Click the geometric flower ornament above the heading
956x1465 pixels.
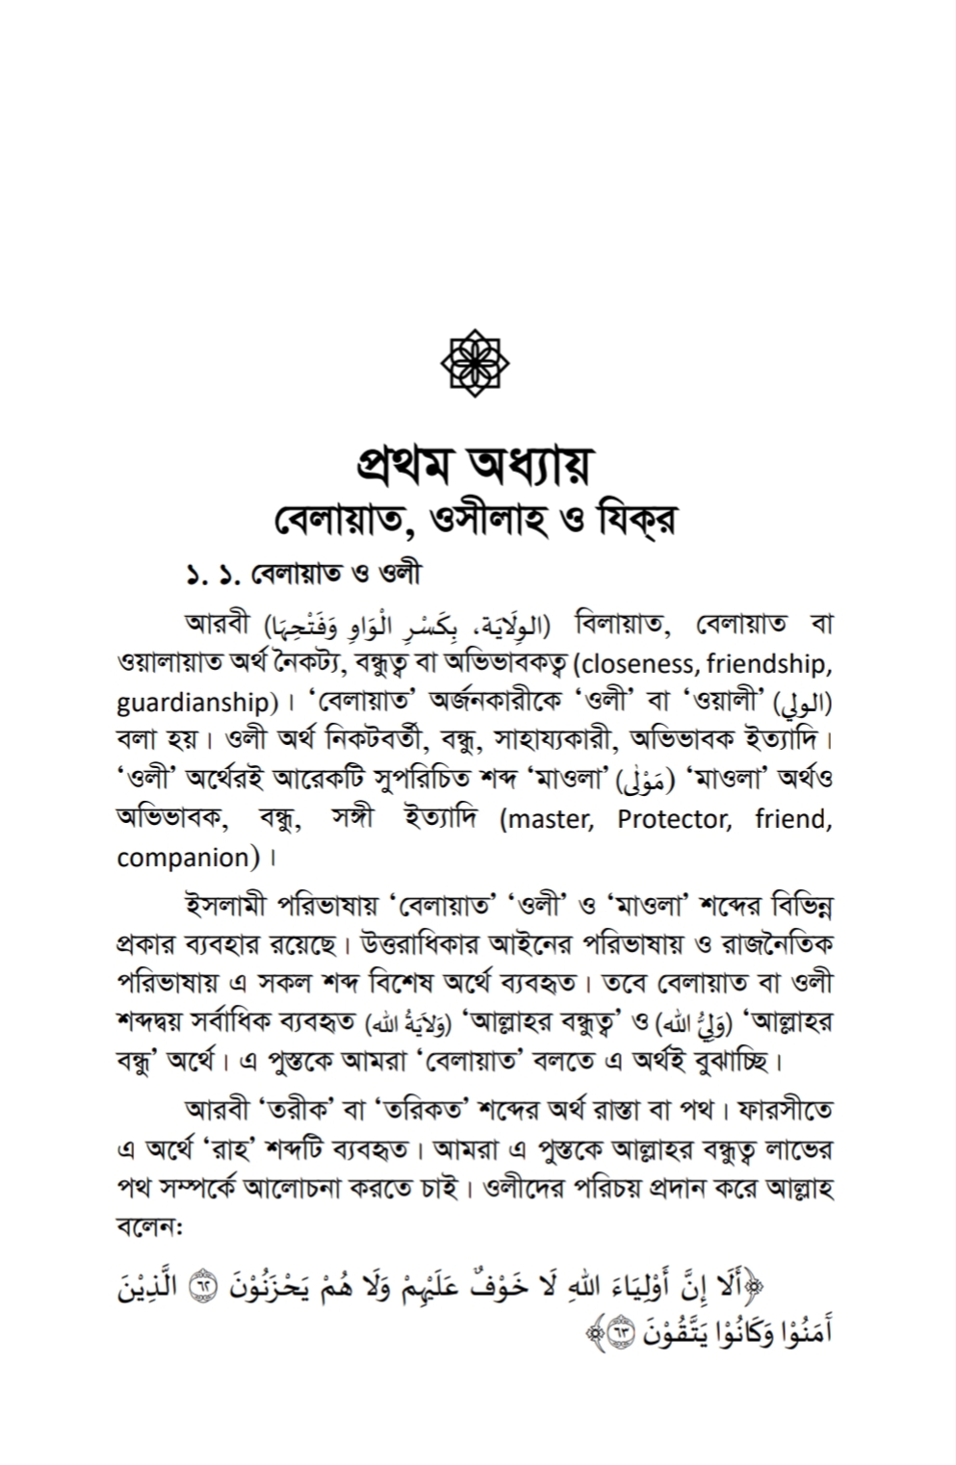[475, 363]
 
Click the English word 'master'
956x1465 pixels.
[548, 819]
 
